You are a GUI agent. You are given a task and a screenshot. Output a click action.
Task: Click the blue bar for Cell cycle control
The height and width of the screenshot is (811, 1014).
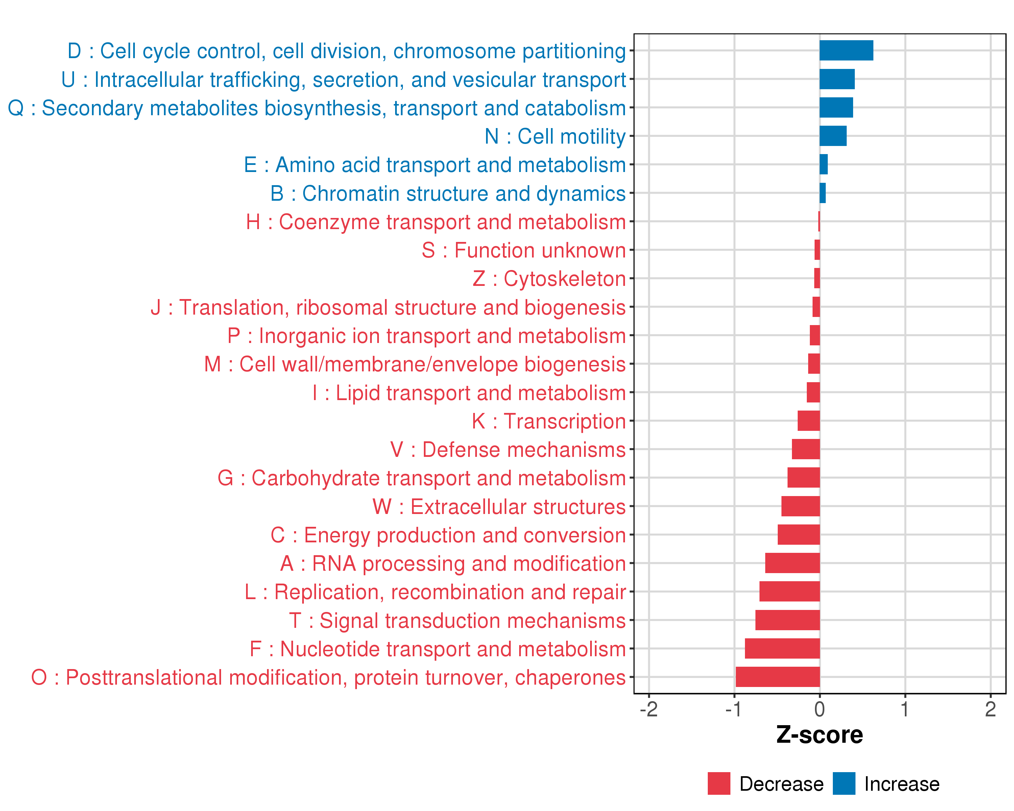click(846, 51)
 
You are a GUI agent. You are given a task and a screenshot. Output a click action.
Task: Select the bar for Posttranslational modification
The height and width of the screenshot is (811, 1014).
click(777, 677)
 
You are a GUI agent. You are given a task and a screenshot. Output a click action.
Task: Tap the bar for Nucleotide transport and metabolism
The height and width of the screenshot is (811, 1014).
click(782, 648)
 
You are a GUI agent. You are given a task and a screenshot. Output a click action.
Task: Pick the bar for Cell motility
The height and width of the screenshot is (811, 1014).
click(833, 136)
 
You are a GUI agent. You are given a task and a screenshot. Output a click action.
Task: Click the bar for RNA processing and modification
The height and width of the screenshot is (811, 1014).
click(793, 563)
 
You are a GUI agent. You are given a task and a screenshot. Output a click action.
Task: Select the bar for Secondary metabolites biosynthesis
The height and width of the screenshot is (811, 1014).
click(836, 108)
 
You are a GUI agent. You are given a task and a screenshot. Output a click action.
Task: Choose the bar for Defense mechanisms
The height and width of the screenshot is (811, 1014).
click(806, 449)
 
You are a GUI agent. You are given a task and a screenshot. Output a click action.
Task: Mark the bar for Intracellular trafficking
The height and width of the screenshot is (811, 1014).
click(837, 79)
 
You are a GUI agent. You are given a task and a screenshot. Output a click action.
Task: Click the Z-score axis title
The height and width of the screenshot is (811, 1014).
click(820, 735)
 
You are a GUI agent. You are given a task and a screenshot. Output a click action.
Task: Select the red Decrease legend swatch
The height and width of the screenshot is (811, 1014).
click(719, 784)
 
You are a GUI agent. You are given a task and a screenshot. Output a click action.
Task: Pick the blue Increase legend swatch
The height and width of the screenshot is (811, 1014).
click(844, 784)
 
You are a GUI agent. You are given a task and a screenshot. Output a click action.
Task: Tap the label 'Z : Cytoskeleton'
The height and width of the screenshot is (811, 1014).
click(549, 279)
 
